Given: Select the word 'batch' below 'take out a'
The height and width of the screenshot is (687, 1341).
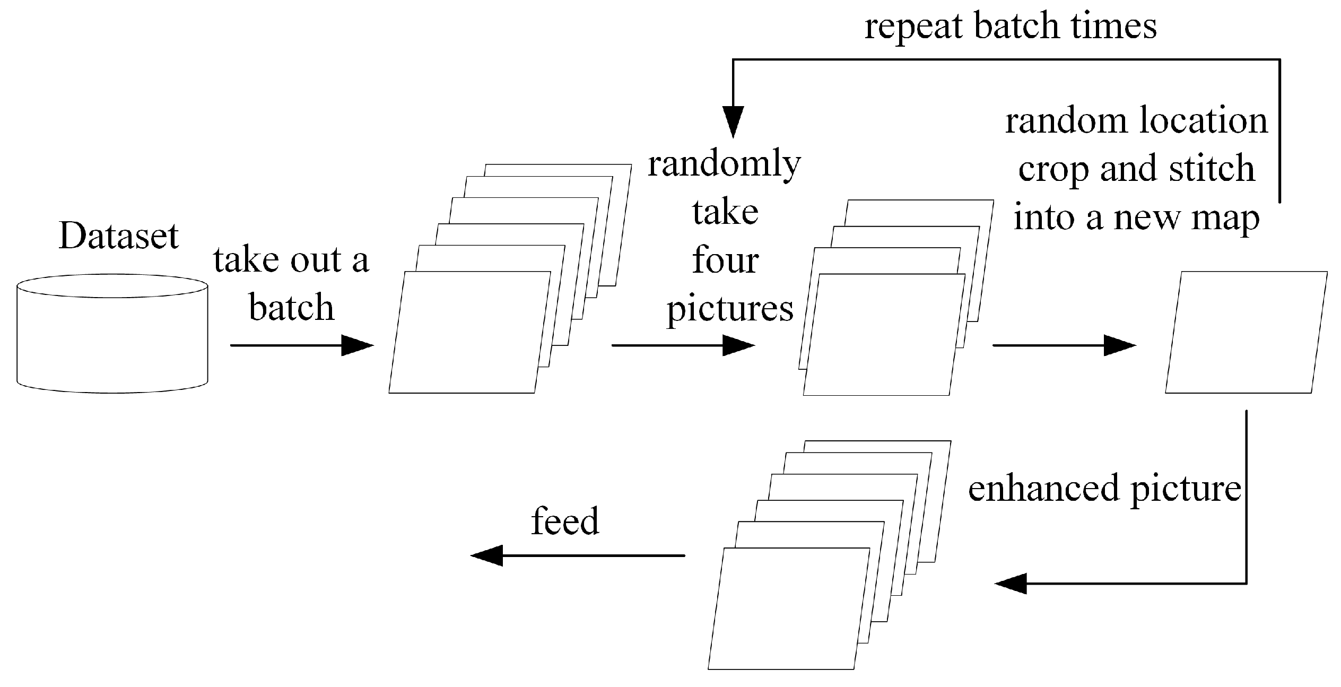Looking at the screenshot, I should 292,308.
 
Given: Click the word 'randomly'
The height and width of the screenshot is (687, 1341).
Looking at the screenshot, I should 724,165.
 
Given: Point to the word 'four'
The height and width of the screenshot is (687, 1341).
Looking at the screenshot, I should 725,261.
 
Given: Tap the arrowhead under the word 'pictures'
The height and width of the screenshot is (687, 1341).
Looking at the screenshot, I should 738,345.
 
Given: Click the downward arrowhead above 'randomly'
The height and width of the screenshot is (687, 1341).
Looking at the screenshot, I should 734,121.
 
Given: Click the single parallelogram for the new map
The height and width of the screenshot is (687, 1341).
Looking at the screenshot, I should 1246,333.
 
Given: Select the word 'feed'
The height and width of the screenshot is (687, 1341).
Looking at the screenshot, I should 565,521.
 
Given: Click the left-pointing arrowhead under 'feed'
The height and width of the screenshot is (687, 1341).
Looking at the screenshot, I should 487,555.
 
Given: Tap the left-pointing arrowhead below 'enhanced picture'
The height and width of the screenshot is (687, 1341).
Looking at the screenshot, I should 1011,584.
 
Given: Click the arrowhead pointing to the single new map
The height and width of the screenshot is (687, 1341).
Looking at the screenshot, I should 1119,345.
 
